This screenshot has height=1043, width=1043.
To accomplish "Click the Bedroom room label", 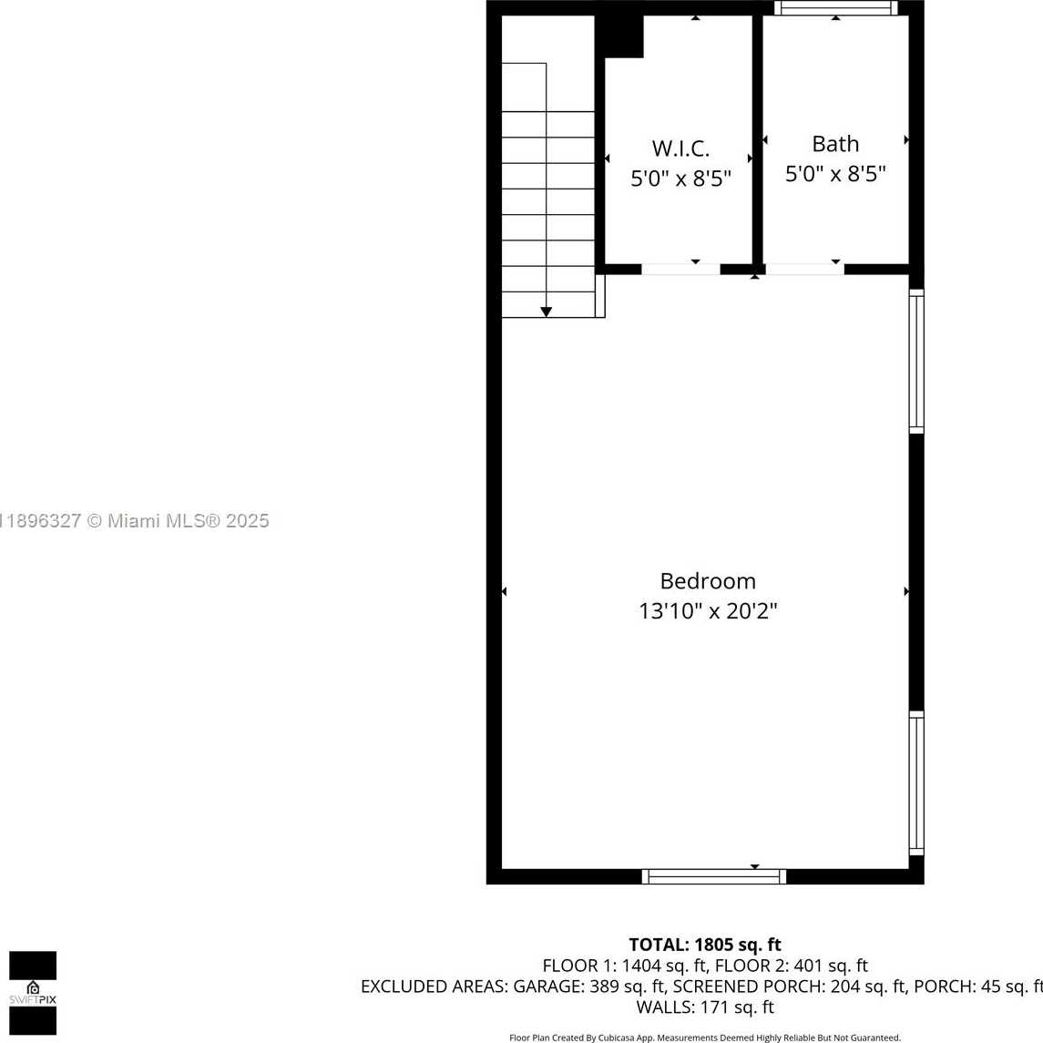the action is coord(708,581).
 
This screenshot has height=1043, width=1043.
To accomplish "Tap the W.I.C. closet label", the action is coord(680,148).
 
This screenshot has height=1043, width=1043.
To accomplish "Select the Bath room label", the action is coord(835,144).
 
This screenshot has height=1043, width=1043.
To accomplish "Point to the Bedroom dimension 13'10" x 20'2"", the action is coord(708,610).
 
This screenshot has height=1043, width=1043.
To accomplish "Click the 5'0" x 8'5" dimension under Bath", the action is coord(835,174).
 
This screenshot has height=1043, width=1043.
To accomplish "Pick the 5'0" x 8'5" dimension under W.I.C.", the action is coord(680,179).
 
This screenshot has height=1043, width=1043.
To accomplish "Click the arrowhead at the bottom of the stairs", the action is coord(547,312).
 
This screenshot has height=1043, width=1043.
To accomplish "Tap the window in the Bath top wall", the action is coord(836,8).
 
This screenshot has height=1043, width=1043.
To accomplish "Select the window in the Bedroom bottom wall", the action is coord(714,876).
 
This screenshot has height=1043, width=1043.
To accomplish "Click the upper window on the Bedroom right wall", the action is coord(916,362).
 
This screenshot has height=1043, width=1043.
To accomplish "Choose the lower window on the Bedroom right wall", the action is coord(916,782).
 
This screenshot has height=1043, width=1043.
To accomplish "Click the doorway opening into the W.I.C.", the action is coord(680,270).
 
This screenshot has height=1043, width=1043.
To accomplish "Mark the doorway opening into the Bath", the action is coord(805,270).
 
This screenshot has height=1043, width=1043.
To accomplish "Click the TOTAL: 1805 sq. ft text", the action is coord(705,945).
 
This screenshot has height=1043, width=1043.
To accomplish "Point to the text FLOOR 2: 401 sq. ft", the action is coord(792,966).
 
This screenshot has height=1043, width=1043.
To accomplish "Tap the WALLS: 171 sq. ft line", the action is coord(705,1007).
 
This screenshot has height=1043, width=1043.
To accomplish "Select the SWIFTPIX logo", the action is coord(33,993).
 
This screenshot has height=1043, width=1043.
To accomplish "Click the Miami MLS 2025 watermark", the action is coord(135,521).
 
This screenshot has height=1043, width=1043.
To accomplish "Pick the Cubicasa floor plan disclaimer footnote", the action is coord(705,1038).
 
